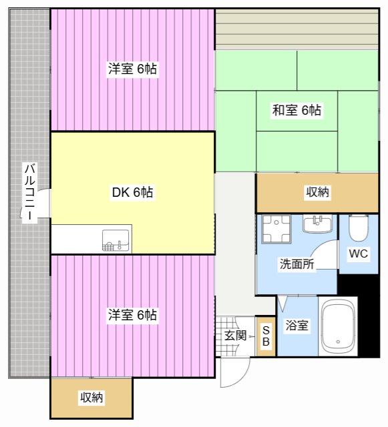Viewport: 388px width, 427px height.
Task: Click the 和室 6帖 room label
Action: pos(297,110)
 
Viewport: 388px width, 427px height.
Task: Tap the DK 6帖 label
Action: pos(132,192)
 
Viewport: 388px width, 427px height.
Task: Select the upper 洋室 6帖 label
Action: pos(132,69)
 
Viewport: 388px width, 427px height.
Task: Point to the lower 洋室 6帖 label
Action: pos(132,315)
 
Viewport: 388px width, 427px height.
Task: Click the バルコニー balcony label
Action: pos(30,192)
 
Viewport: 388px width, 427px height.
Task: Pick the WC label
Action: pos(358,254)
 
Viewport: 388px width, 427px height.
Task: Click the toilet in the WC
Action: pos(359,228)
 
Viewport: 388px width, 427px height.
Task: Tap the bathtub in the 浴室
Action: pos(338,326)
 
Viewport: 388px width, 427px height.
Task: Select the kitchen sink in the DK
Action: pos(116,240)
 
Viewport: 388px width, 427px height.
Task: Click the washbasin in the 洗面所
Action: pos(317,224)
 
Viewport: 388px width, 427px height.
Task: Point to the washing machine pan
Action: pos(276,229)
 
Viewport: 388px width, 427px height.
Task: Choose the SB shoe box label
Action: pos(266,336)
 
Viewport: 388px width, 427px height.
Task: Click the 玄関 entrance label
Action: pos(235,336)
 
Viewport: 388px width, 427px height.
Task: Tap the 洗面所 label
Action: pos(297,264)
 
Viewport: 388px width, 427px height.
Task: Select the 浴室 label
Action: pos(297,325)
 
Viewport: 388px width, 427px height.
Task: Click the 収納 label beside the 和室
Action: pos(318,192)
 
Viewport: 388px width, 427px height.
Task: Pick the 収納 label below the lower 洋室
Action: pos(91,398)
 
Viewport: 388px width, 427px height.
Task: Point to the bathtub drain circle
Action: pos(338,342)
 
